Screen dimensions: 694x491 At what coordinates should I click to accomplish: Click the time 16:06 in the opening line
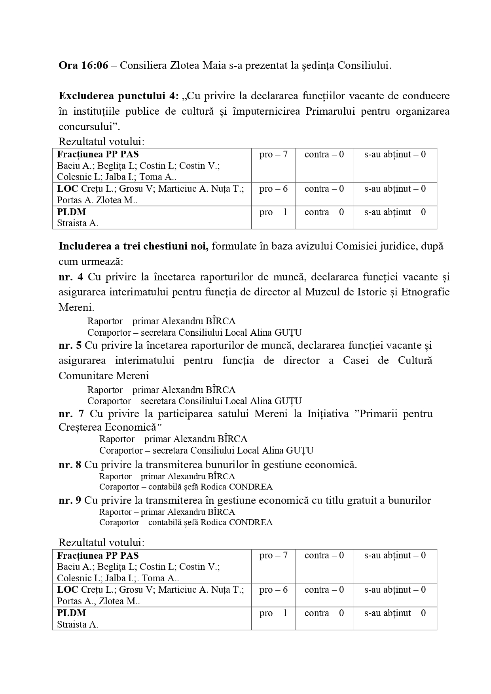[x=95, y=65]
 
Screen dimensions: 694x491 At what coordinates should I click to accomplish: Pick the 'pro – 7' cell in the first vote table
[x=273, y=155]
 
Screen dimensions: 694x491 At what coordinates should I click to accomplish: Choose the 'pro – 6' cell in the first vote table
[x=273, y=189]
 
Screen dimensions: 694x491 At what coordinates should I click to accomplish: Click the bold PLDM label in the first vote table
[x=72, y=212]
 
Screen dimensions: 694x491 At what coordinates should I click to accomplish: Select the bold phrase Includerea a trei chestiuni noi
[x=133, y=246]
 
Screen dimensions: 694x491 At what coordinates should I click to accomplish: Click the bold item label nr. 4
[x=71, y=277]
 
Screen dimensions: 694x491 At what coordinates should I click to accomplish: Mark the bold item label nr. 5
[x=70, y=345]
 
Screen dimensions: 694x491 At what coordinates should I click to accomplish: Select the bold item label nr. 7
[x=71, y=414]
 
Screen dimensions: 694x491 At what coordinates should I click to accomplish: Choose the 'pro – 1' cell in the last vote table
[x=273, y=613]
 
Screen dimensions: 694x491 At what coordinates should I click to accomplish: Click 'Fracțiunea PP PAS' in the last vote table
[x=98, y=556]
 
